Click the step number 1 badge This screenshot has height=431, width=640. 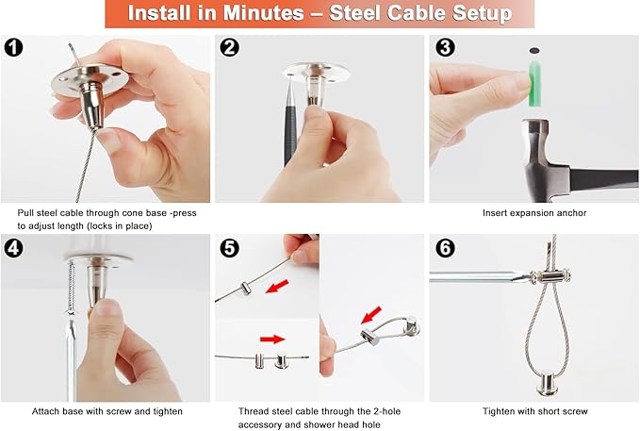13,47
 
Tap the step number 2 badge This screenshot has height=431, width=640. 229,47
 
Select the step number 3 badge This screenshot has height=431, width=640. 445,47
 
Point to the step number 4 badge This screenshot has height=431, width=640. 13,248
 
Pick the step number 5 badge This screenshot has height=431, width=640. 229,248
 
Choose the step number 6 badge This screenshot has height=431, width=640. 445,248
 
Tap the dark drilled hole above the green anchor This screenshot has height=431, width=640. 534,51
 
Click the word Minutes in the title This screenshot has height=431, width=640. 263,13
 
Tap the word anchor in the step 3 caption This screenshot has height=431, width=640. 571,213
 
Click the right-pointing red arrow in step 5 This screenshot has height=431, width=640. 272,340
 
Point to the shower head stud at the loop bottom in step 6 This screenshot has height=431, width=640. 548,383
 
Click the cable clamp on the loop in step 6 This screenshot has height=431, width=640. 550,276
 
